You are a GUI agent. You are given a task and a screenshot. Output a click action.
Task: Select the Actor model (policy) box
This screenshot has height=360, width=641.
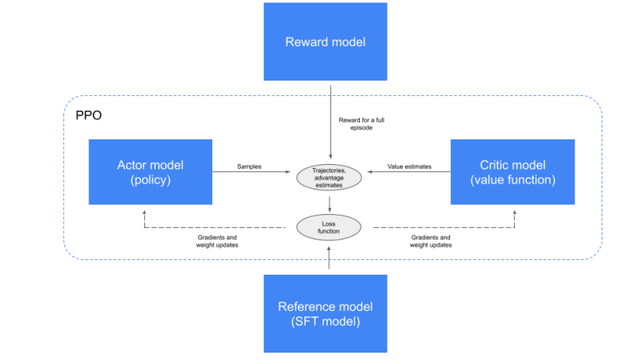pyautogui.click(x=150, y=172)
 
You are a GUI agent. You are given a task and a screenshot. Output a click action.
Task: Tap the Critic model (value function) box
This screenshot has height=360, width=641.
pyautogui.click(x=512, y=172)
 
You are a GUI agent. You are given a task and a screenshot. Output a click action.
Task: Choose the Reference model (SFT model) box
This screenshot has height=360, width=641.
pyautogui.click(x=325, y=313)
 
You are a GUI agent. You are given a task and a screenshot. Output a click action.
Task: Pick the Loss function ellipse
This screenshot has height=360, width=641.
pyautogui.click(x=330, y=226)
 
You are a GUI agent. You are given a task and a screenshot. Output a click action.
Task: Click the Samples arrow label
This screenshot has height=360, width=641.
pyautogui.click(x=249, y=166)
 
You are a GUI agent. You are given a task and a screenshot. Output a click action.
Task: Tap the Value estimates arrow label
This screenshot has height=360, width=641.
pyautogui.click(x=409, y=166)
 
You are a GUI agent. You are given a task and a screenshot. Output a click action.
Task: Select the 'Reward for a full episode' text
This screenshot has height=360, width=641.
pyautogui.click(x=361, y=124)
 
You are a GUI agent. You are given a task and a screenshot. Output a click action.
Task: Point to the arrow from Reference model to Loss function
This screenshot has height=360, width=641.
pyautogui.click(x=330, y=258)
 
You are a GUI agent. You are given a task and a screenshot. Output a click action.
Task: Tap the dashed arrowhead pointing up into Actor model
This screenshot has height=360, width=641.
pyautogui.click(x=144, y=210)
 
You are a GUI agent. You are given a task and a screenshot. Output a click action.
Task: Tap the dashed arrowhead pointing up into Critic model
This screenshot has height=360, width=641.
pyautogui.click(x=516, y=210)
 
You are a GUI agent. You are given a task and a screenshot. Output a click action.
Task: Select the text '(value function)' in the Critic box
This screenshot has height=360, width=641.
pyautogui.click(x=512, y=180)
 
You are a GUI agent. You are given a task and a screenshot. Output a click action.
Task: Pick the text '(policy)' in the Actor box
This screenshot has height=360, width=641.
pyautogui.click(x=150, y=180)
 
